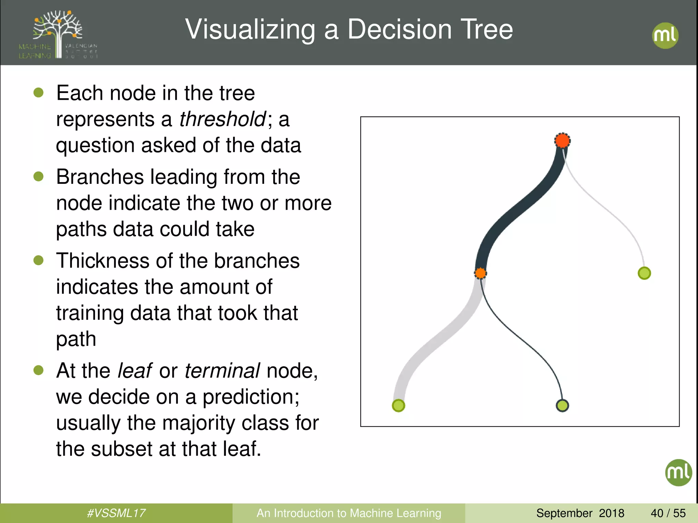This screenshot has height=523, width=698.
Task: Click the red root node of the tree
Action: click(562, 140)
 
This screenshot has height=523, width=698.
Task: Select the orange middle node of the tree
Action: click(480, 273)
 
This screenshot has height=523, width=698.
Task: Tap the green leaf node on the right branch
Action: click(644, 273)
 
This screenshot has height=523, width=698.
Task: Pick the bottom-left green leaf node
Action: click(398, 406)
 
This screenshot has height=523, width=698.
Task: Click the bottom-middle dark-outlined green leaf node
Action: click(562, 406)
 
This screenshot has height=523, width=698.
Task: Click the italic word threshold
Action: click(223, 119)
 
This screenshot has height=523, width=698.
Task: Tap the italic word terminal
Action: click(222, 370)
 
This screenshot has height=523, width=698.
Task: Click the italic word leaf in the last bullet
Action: click(134, 370)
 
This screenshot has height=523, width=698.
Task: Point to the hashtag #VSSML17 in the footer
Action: click(116, 513)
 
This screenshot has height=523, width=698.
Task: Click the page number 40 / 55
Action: click(668, 513)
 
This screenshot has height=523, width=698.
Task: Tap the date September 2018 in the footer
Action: click(580, 513)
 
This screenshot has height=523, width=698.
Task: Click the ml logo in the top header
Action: click(665, 35)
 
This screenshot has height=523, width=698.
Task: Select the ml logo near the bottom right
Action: click(678, 473)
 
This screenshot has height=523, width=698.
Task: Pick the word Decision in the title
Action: click(399, 30)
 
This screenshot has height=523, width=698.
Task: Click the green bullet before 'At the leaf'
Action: click(39, 370)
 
